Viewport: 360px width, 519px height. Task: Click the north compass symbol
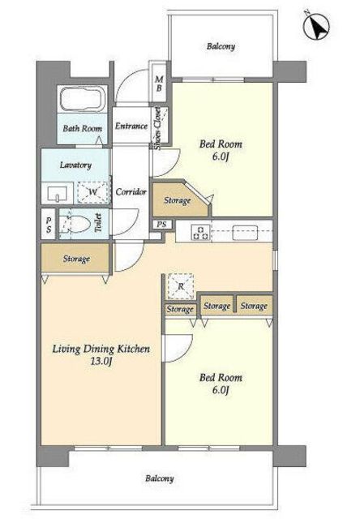316,27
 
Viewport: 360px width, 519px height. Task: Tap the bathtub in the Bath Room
83,98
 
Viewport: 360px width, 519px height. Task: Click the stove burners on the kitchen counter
201,232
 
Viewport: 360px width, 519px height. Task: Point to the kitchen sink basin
245,233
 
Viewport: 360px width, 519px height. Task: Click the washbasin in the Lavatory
58,194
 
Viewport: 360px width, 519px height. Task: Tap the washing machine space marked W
93,192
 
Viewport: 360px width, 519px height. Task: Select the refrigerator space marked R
180,285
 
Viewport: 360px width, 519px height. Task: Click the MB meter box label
159,84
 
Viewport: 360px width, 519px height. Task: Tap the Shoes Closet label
157,128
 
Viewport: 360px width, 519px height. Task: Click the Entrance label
131,126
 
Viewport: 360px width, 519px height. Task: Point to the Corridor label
131,191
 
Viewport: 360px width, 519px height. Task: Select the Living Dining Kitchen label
101,349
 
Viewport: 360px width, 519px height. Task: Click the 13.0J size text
101,361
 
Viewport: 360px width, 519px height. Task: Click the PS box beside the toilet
49,224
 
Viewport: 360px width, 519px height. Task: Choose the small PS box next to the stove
162,224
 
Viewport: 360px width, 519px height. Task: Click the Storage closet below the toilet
75,258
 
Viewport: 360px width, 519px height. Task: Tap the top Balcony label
221,46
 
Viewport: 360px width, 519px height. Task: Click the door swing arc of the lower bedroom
187,350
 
